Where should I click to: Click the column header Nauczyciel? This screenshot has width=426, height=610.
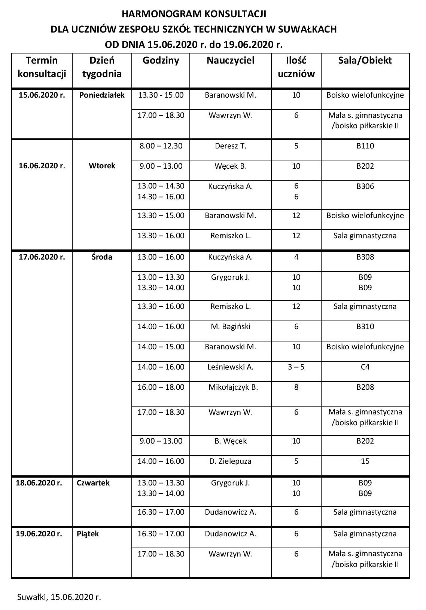pyautogui.click(x=230, y=61)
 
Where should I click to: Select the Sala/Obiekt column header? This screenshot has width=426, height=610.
pyautogui.click(x=365, y=61)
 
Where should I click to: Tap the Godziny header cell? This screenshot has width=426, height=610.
pyautogui.click(x=161, y=61)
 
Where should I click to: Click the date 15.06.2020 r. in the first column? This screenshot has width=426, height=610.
pyautogui.click(x=42, y=95)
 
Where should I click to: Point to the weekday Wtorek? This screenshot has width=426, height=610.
pyautogui.click(x=102, y=166)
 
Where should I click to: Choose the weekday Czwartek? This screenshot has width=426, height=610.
pyautogui.click(x=93, y=483)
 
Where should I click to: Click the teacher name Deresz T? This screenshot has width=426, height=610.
pyautogui.click(x=231, y=146)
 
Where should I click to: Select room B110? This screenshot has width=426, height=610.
pyautogui.click(x=365, y=146)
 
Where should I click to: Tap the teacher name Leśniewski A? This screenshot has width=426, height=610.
pyautogui.click(x=231, y=367)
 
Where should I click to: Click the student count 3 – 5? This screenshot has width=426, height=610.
pyautogui.click(x=296, y=367)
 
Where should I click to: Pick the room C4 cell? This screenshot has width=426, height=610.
pyautogui.click(x=365, y=367)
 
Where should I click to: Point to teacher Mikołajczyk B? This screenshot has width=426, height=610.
pyautogui.click(x=233, y=387)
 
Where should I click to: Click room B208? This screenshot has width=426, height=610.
pyautogui.click(x=365, y=387)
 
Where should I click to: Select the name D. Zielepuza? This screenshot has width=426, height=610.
pyautogui.click(x=231, y=461)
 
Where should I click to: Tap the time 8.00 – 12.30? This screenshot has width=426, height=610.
pyautogui.click(x=161, y=146)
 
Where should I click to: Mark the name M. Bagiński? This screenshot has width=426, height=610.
pyautogui.click(x=231, y=327)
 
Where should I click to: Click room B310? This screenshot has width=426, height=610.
pyautogui.click(x=365, y=327)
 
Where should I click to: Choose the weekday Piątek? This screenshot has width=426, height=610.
pyautogui.click(x=88, y=534)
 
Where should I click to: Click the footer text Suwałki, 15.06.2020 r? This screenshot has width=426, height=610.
pyautogui.click(x=59, y=597)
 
